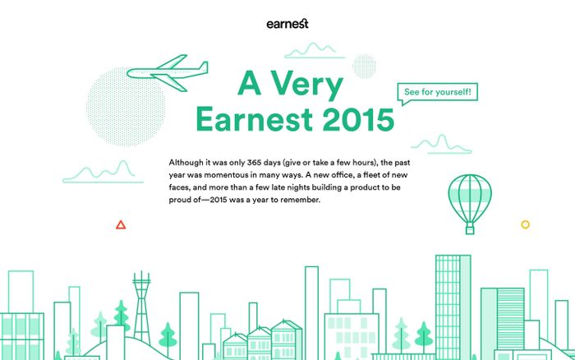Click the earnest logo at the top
(x=287, y=24)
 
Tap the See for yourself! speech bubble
(x=438, y=92)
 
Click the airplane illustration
(x=168, y=72)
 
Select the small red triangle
(x=121, y=225)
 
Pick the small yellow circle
(x=525, y=224)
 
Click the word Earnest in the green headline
(x=254, y=119)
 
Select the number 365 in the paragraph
(x=254, y=162)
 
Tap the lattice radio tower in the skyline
(x=141, y=307)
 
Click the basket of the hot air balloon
(x=470, y=228)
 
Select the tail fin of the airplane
(x=203, y=67)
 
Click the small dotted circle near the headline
(x=364, y=67)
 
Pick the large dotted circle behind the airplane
(x=126, y=106)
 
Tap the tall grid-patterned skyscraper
(x=453, y=307)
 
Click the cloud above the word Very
(x=315, y=51)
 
